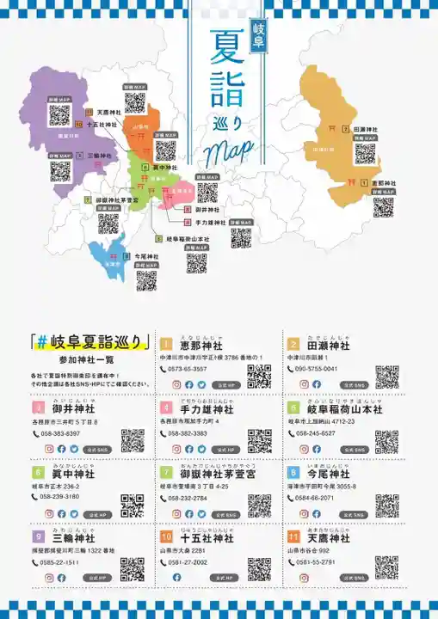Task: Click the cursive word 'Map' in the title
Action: (x=229, y=151)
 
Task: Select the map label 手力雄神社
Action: (x=209, y=222)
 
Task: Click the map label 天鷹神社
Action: (x=108, y=112)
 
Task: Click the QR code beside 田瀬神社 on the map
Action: (x=365, y=154)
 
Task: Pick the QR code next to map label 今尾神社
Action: (x=146, y=280)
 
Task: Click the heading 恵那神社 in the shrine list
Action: (x=199, y=345)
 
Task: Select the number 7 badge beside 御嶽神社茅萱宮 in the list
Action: (x=165, y=473)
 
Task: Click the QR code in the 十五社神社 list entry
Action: (x=259, y=568)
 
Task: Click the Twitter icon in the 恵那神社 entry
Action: (x=200, y=384)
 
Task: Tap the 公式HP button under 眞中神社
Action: (x=96, y=513)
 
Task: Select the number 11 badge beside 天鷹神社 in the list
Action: (x=293, y=538)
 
